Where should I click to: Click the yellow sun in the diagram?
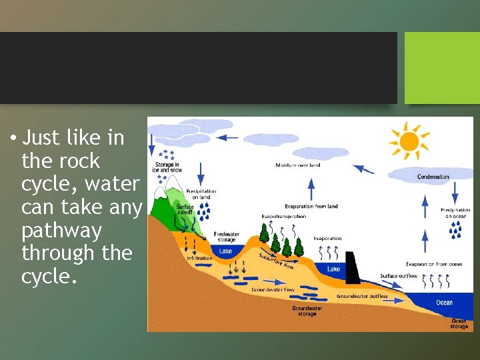408,141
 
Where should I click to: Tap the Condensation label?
433,177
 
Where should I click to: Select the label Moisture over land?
297,165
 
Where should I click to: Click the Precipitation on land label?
201,194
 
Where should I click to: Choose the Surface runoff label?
185,209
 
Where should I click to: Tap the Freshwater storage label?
227,237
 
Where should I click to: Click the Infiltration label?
199,258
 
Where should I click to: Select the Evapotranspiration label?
284,217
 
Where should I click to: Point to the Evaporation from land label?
311,206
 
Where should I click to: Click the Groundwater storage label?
307,311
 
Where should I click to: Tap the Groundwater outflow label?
362,296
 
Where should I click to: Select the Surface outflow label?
399,276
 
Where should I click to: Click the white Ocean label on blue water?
444,302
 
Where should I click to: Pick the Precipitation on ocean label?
455,213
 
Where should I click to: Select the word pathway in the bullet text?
61,231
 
